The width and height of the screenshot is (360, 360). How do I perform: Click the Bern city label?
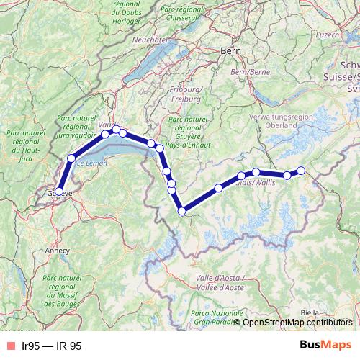point(231,51)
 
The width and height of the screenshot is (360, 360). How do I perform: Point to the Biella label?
point(310,312)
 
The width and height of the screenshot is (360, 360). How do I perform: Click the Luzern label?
point(327,34)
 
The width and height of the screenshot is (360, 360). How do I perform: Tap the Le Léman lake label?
point(91,164)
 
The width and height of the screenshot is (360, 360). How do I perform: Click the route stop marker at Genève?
point(60,192)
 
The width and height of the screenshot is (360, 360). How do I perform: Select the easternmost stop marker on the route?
point(301,171)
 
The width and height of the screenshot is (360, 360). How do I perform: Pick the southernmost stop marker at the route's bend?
point(182,211)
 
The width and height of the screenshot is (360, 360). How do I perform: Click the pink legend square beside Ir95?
point(10,346)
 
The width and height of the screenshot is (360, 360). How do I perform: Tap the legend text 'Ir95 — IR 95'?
point(52,346)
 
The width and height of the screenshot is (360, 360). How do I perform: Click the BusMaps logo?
point(325,346)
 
